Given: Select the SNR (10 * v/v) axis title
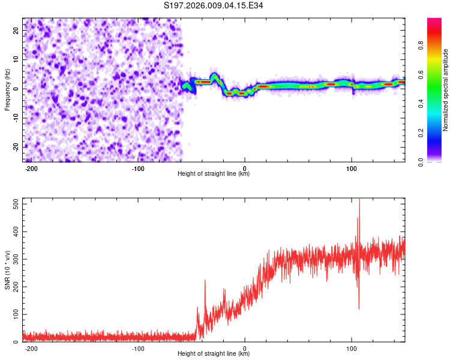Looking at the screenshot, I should [x=7, y=270].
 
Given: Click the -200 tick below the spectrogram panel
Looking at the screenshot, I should [x=32, y=168].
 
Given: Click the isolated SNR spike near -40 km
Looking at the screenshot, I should [x=205, y=281].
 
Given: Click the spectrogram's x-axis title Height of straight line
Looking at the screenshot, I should [x=214, y=174].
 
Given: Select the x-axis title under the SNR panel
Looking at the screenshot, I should [x=214, y=354].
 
